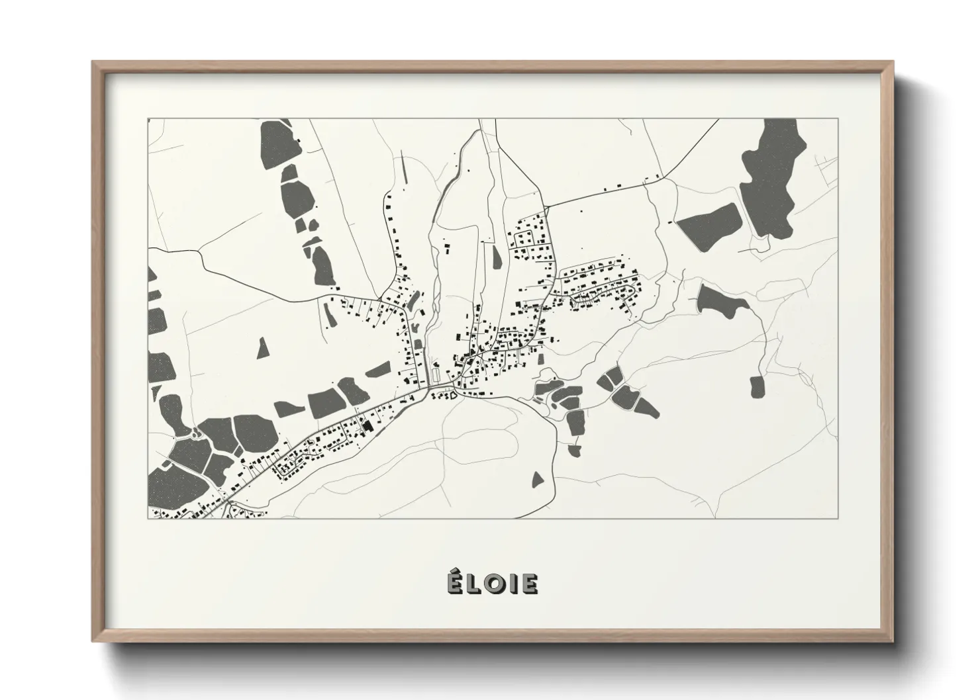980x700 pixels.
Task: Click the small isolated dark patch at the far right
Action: [757, 386]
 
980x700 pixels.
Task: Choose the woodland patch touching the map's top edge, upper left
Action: [278, 143]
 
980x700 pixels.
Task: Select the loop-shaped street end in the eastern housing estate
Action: [635, 290]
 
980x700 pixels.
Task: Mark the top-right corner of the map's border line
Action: [838, 119]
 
